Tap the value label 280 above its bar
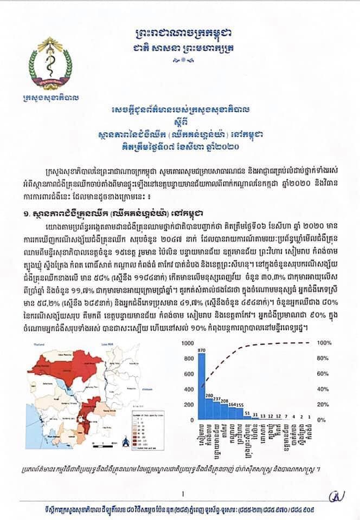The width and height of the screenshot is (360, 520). pos(209,396)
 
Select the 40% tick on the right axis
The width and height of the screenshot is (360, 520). pos(323,389)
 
